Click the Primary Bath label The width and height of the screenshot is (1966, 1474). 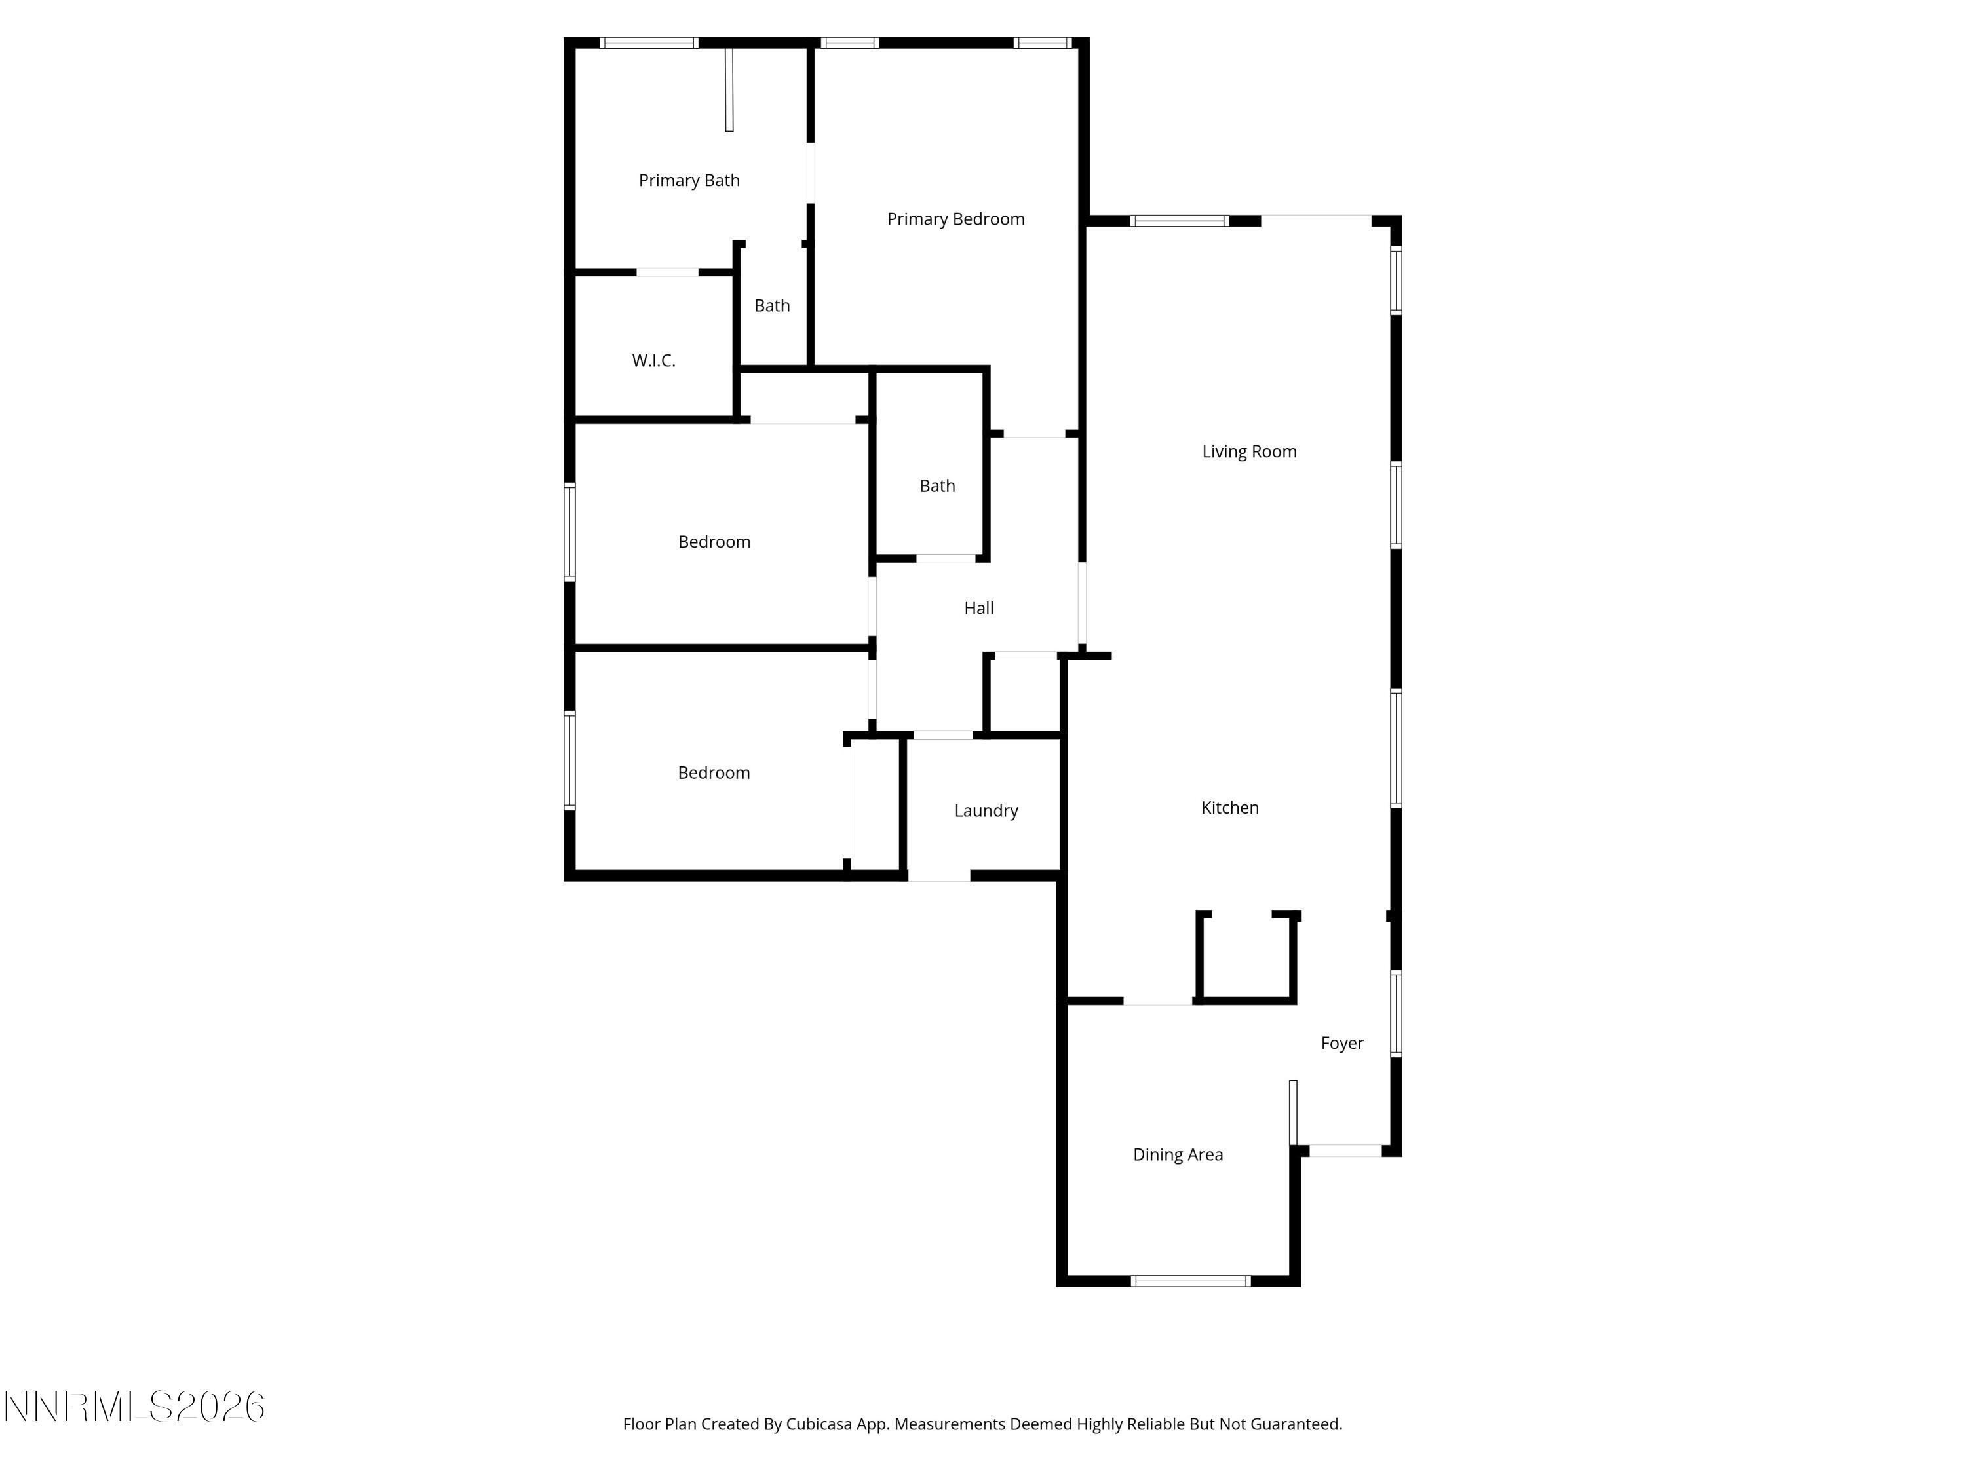[x=689, y=180]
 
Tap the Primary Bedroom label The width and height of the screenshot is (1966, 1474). [x=955, y=219]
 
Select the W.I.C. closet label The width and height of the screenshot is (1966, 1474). [x=653, y=361]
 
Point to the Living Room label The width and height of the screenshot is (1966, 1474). [x=1249, y=451]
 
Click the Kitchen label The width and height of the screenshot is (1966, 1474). [x=1229, y=808]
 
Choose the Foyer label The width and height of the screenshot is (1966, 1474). [x=1341, y=1043]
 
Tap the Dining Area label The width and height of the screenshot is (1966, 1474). [x=1178, y=1155]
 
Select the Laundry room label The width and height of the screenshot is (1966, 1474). [x=986, y=810]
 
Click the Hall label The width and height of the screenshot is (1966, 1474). [x=978, y=609]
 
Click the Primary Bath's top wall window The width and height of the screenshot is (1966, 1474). [x=648, y=43]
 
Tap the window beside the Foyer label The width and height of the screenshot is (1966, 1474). [x=1395, y=1013]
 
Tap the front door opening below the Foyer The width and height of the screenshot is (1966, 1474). [x=1345, y=1150]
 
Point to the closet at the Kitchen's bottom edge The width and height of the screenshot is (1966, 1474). [x=1245, y=958]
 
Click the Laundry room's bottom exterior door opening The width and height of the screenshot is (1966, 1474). [x=938, y=876]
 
